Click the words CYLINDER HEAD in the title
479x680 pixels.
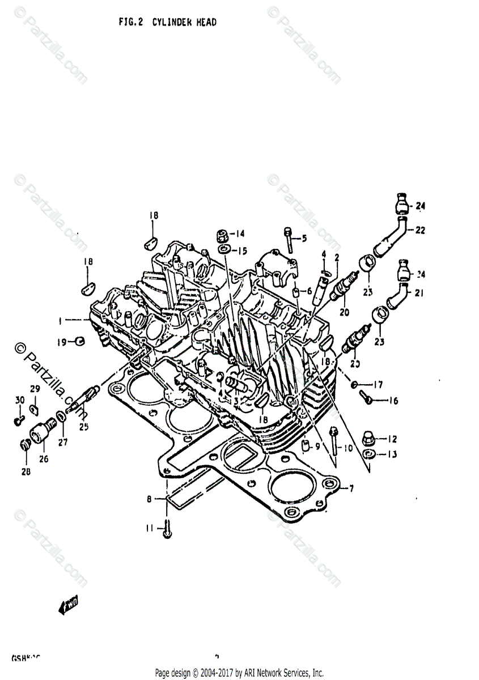click(184, 23)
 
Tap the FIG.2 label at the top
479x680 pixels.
click(131, 23)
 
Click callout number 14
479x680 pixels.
click(240, 233)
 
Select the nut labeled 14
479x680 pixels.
click(223, 235)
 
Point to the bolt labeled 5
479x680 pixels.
click(289, 240)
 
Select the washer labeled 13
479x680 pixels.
click(368, 454)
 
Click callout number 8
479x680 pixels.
click(150, 499)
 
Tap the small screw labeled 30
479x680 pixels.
click(18, 420)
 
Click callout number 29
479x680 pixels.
click(34, 389)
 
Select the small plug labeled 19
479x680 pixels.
click(80, 341)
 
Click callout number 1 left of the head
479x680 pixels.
click(60, 321)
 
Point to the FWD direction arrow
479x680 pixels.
click(67, 607)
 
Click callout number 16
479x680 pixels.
click(393, 401)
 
